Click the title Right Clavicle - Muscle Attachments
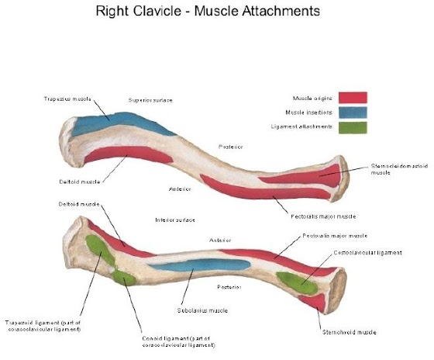point(216,13)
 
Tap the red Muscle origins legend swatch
point(352,98)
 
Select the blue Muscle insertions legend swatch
point(352,112)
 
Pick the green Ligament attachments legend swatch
point(352,127)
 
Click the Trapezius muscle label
point(67,99)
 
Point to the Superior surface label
point(150,100)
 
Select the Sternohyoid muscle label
point(349,331)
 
